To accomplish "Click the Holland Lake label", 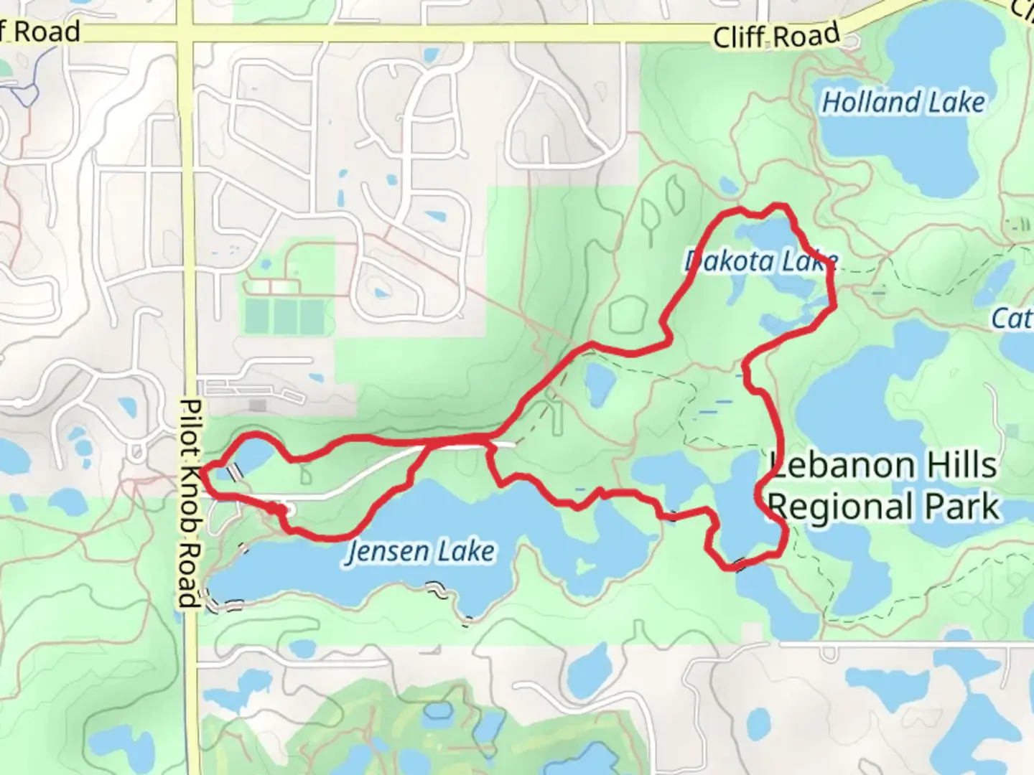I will coord(903,103).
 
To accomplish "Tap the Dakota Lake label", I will coord(760,261).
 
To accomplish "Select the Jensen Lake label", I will coord(420,552).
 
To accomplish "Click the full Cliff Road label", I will coord(775,35).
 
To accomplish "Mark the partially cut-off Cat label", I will coord(1012,318).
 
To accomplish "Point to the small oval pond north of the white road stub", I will coord(597,383).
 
